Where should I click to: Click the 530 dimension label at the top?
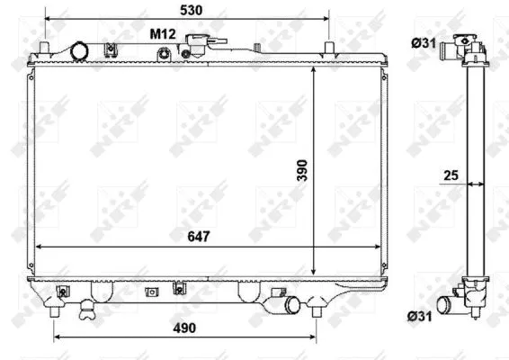[189, 10]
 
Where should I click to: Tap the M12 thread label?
[162, 32]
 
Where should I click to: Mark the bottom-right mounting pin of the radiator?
[317, 310]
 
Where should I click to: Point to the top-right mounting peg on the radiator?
[330, 46]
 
